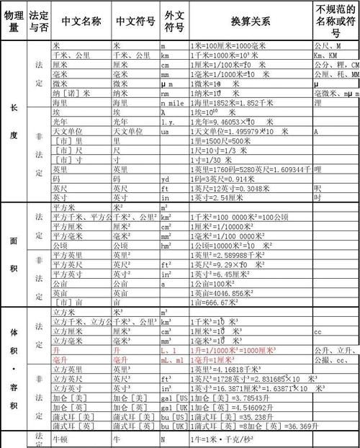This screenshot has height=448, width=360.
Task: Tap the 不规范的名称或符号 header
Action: [336, 21]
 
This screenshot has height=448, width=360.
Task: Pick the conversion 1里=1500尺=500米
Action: [223, 141]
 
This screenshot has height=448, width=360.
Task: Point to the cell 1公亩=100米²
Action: [219, 284]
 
